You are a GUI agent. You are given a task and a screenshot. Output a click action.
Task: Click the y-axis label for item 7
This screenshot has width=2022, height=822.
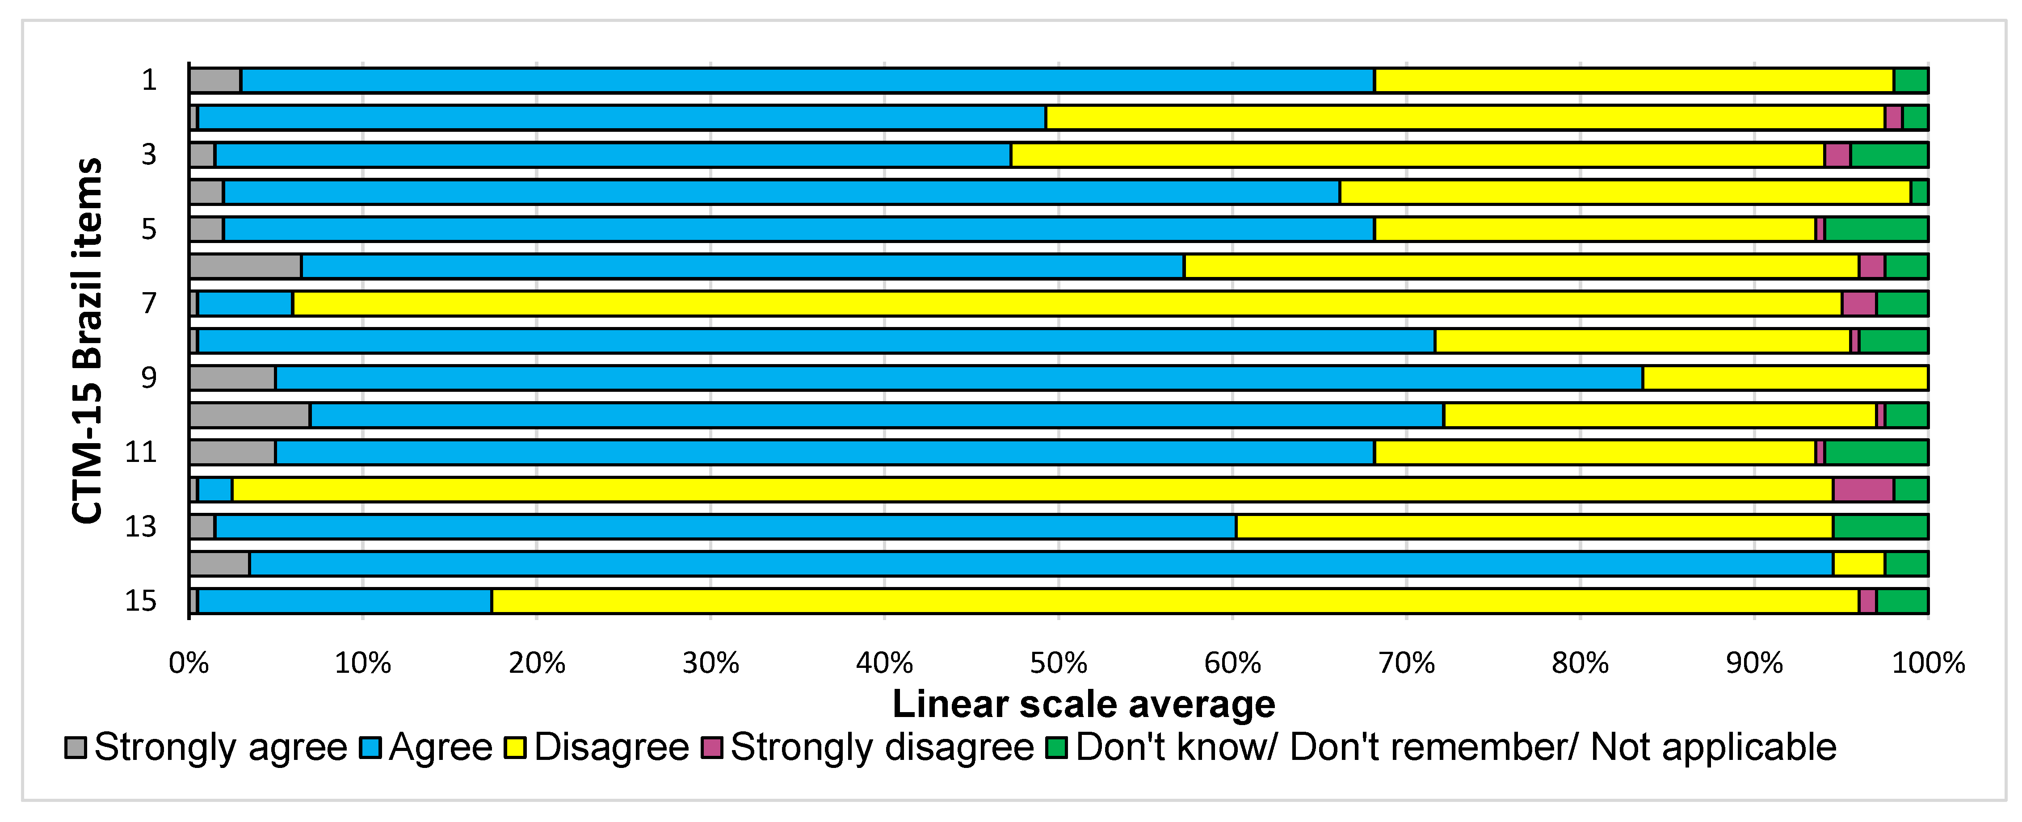(149, 303)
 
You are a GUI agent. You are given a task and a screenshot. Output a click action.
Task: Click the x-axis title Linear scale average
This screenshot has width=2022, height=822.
(1083, 704)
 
